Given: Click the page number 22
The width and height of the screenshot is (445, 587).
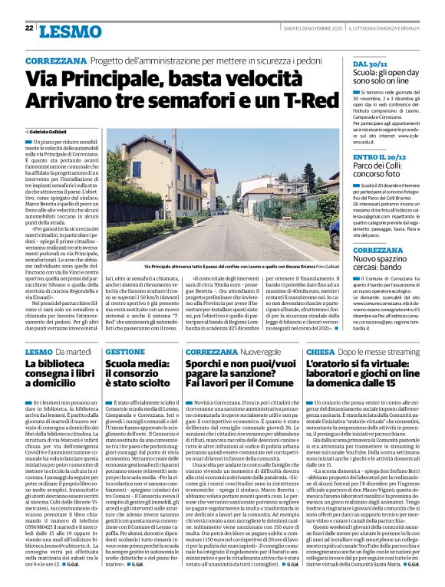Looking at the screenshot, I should pos(28,28).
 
